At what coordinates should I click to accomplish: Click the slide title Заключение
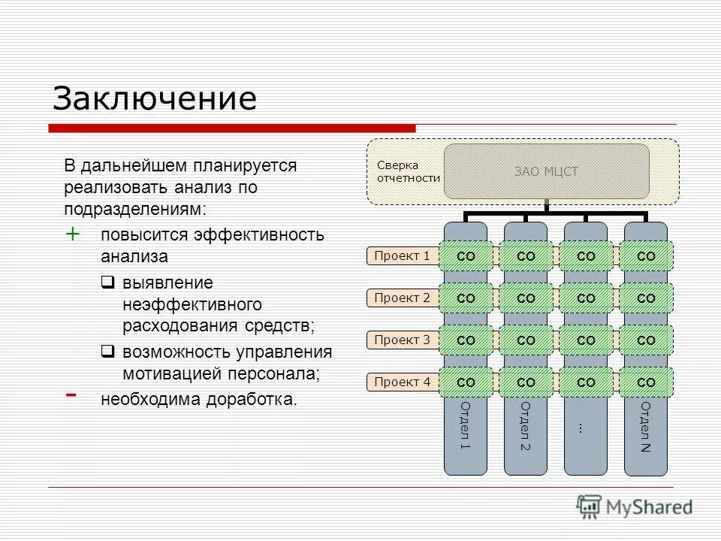155,98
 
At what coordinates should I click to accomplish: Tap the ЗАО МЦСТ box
546,171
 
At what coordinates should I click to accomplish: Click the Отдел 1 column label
465,426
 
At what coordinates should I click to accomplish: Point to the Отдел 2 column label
525,426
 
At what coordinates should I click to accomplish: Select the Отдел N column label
646,426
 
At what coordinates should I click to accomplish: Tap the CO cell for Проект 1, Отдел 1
466,256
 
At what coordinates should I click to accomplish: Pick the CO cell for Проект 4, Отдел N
646,382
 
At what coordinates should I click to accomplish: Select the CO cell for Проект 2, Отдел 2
526,298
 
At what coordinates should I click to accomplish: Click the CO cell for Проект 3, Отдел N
646,340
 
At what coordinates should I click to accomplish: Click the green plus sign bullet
73,234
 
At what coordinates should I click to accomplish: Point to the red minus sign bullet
71,394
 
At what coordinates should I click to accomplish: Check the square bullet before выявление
107,283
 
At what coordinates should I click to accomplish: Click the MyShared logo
635,507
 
